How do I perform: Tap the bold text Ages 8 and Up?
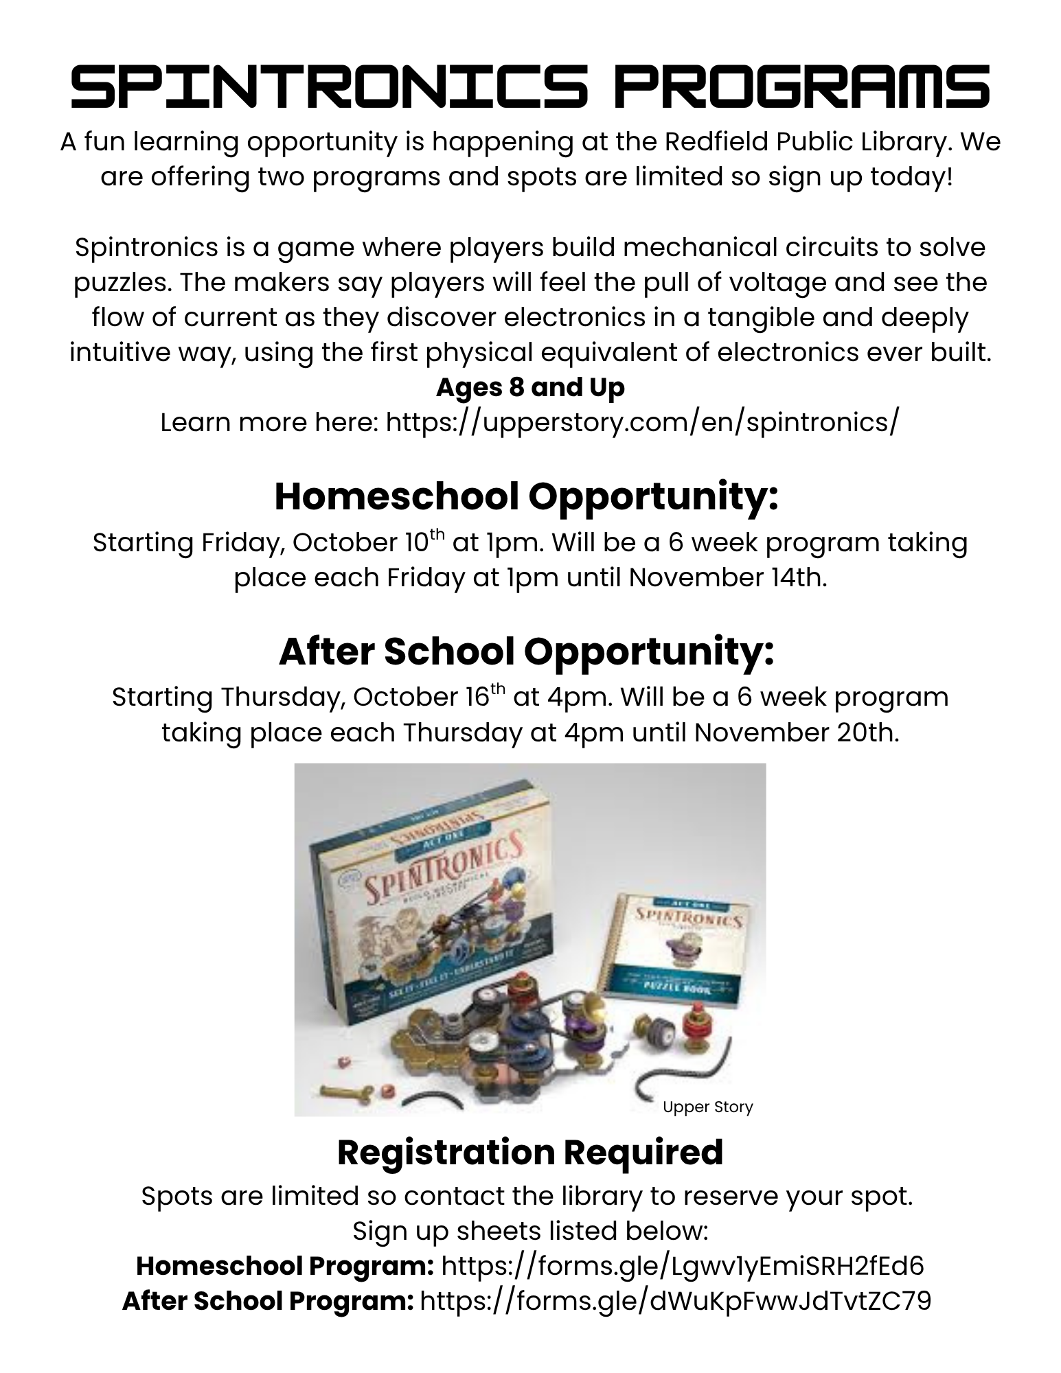click(530, 387)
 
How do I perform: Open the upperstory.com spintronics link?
click(641, 422)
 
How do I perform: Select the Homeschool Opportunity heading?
click(526, 496)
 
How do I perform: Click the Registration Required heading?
click(530, 1152)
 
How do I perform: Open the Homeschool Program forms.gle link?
click(682, 1265)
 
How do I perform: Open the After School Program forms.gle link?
click(675, 1300)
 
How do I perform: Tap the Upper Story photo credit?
click(707, 1107)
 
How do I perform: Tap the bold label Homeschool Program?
click(284, 1265)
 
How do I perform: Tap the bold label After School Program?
click(268, 1300)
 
